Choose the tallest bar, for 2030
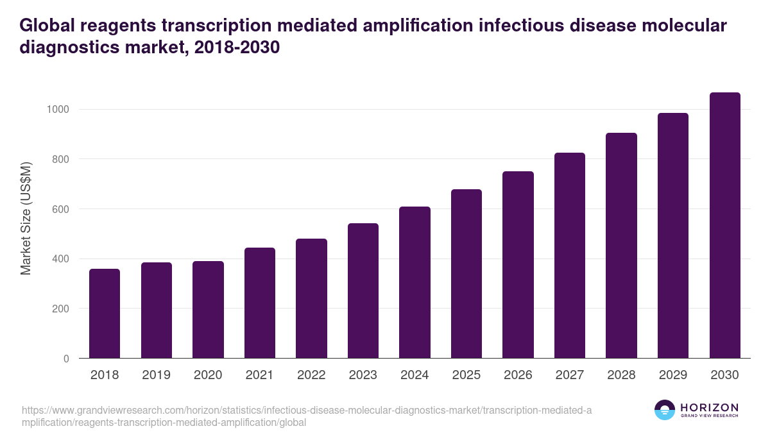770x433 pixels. pyautogui.click(x=724, y=225)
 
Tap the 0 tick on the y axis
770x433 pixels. pyautogui.click(x=66, y=359)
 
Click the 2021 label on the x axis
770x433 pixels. pyautogui.click(x=259, y=375)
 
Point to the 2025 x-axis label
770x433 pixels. pyautogui.click(x=466, y=375)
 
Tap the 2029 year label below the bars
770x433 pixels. pyautogui.click(x=672, y=375)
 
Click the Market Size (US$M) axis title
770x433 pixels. pyautogui.click(x=26, y=218)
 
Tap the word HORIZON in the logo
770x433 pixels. pyautogui.click(x=709, y=407)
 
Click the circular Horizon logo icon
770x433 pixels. pyautogui.click(x=665, y=410)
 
